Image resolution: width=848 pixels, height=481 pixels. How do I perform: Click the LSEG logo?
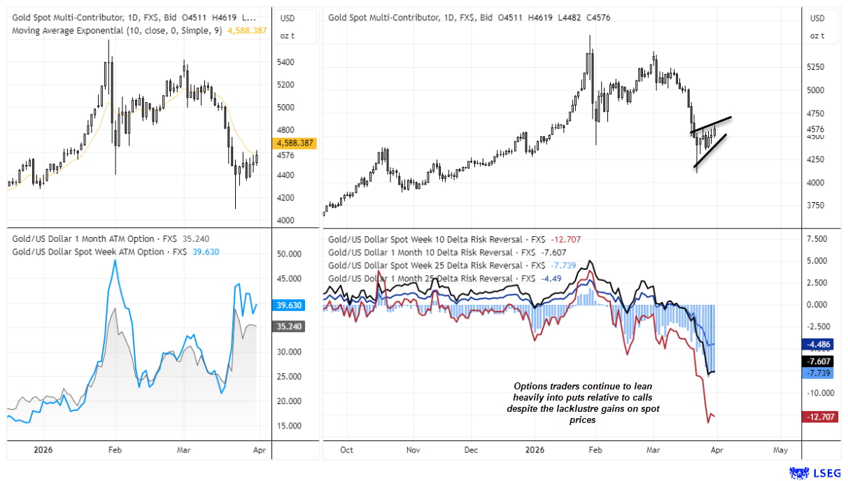[817, 473]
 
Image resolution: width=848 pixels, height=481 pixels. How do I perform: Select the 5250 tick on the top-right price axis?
[816, 67]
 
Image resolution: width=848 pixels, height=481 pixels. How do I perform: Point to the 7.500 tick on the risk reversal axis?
[817, 238]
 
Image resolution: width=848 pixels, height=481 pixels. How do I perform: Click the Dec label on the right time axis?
[471, 450]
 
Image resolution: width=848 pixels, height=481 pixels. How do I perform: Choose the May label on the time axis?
[781, 450]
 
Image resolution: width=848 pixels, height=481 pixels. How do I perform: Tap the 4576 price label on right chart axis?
[816, 129]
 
